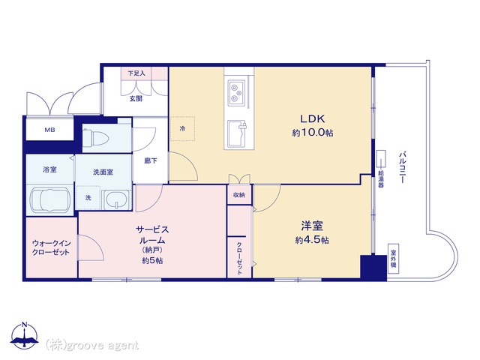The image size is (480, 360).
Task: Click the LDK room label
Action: click(313, 118)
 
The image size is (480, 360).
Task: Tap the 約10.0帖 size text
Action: click(313, 133)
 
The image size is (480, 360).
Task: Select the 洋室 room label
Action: click(309, 225)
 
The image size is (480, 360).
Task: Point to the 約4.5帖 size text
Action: click(309, 240)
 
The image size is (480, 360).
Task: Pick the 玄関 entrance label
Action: click(136, 98)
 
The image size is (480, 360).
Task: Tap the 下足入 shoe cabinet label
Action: click(136, 73)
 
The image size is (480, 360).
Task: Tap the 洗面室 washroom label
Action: click(103, 172)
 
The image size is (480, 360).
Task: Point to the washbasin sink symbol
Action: click(115, 199)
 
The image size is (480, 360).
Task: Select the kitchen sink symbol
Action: click(238, 133)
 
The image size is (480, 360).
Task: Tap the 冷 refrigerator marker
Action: click(182, 128)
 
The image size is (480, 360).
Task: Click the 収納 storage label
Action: click(238, 195)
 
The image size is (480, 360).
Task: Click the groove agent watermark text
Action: click(92, 345)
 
